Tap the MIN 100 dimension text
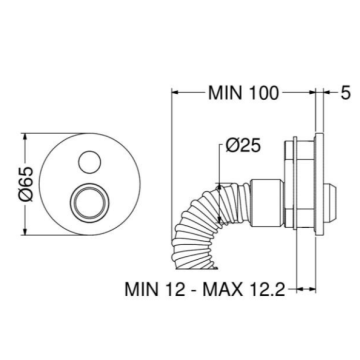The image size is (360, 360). point(243,93)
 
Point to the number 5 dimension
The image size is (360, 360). point(346,93)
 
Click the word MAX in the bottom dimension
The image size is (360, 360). point(222,289)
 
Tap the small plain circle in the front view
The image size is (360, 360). point(90,162)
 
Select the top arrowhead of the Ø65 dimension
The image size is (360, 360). point(25,138)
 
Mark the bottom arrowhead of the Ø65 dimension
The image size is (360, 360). point(25,231)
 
